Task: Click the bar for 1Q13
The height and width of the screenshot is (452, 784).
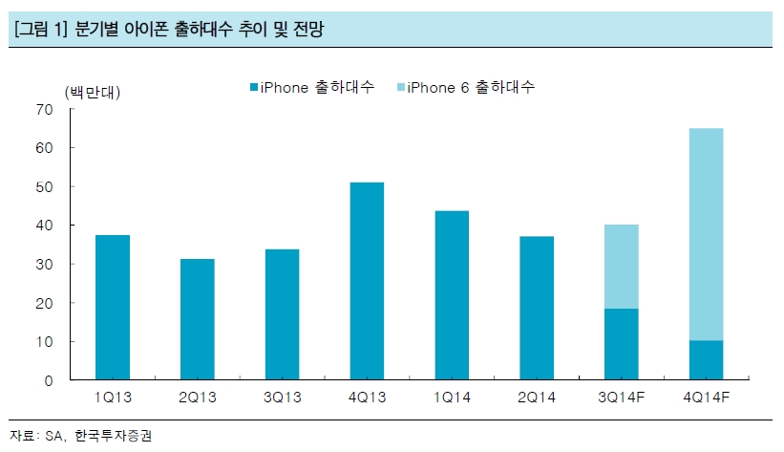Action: tap(113, 308)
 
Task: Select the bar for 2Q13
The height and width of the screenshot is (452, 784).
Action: tap(197, 319)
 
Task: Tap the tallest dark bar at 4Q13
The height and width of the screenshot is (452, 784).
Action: tap(367, 281)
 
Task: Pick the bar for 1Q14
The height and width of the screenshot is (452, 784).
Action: tap(452, 295)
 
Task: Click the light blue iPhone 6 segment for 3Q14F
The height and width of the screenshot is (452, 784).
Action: tap(621, 267)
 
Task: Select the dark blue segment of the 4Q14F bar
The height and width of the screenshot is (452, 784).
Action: tap(706, 360)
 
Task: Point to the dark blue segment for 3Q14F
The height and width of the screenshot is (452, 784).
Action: tap(621, 344)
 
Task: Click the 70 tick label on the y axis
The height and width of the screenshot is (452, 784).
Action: tap(45, 110)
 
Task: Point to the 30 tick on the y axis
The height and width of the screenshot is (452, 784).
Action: tap(45, 265)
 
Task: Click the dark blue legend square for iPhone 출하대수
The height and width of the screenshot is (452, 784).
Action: tap(254, 88)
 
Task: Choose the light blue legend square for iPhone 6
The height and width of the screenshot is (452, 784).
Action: tap(400, 88)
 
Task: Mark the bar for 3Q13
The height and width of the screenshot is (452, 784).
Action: tap(282, 314)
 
